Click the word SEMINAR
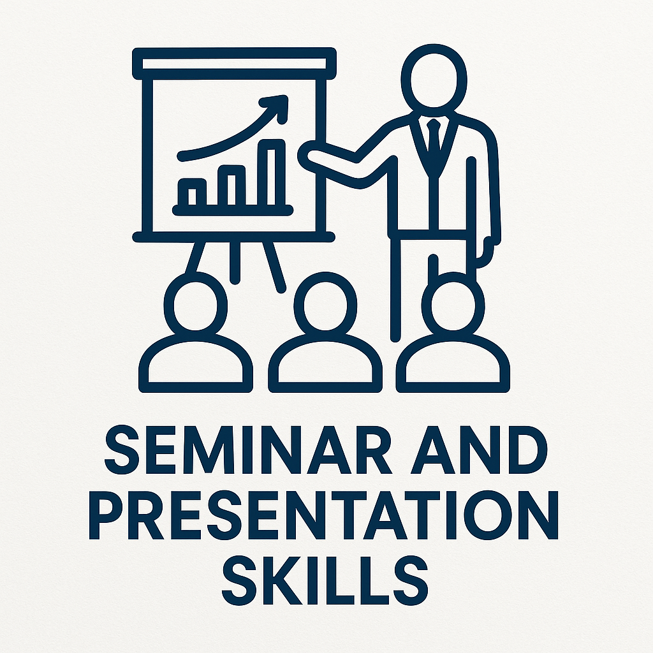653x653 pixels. pyautogui.click(x=248, y=450)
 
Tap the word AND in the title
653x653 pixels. pyautogui.click(x=478, y=450)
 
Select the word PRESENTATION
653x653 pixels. pyautogui.click(x=323, y=515)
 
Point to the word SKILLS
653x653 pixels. pyautogui.click(x=325, y=580)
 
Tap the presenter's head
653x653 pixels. pyautogui.click(x=434, y=80)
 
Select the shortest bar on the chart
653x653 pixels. pyautogui.click(x=192, y=193)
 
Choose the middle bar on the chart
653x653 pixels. pyautogui.click(x=231, y=186)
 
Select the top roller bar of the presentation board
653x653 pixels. pyautogui.click(x=234, y=63)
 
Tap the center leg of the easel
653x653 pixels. pyautogui.click(x=235, y=262)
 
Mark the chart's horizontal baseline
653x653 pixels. pyautogui.click(x=233, y=210)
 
